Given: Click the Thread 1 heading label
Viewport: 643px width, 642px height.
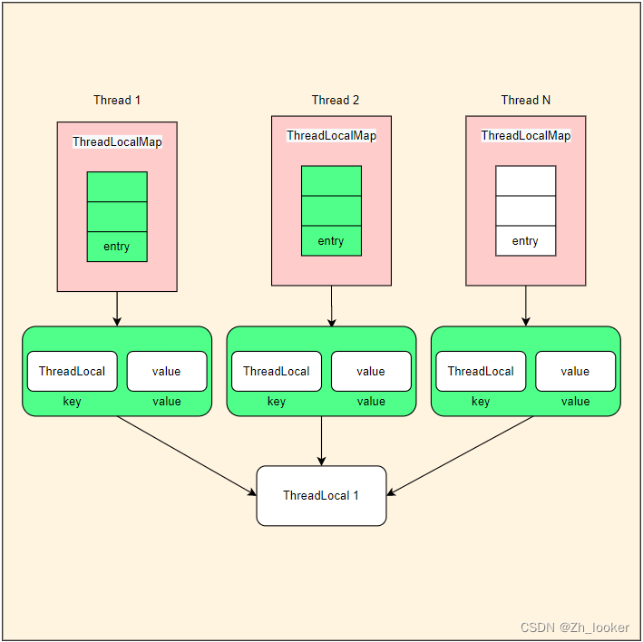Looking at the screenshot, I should click(x=117, y=100).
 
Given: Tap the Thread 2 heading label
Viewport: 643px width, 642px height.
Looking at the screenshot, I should click(x=335, y=100).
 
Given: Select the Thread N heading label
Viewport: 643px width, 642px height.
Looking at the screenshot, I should click(x=525, y=100).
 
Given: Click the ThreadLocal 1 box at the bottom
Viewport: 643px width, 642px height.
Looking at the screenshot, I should click(x=321, y=495).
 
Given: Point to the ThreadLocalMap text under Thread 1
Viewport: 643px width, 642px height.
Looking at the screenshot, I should click(x=117, y=142).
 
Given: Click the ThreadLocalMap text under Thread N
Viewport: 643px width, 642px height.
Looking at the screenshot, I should click(x=525, y=136).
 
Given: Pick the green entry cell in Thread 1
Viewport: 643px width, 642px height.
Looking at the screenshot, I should click(x=117, y=247).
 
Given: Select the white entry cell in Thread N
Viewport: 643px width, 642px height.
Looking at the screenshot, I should click(x=525, y=241).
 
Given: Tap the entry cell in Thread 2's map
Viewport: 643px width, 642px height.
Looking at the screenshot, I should click(x=331, y=241).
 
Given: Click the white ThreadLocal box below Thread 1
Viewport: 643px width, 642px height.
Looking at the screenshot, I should click(x=73, y=371).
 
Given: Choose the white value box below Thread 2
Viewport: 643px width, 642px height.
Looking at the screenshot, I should click(x=371, y=371).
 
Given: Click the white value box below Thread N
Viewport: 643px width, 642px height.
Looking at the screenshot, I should click(x=575, y=371).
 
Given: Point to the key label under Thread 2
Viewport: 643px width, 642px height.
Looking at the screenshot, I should click(x=277, y=402).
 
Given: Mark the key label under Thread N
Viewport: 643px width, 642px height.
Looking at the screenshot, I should click(x=481, y=402).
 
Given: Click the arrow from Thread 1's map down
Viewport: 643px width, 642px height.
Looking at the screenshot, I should click(x=117, y=308).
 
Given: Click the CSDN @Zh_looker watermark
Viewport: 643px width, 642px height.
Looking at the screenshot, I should click(x=575, y=627).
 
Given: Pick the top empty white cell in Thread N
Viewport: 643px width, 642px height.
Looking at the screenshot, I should click(x=525, y=180).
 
